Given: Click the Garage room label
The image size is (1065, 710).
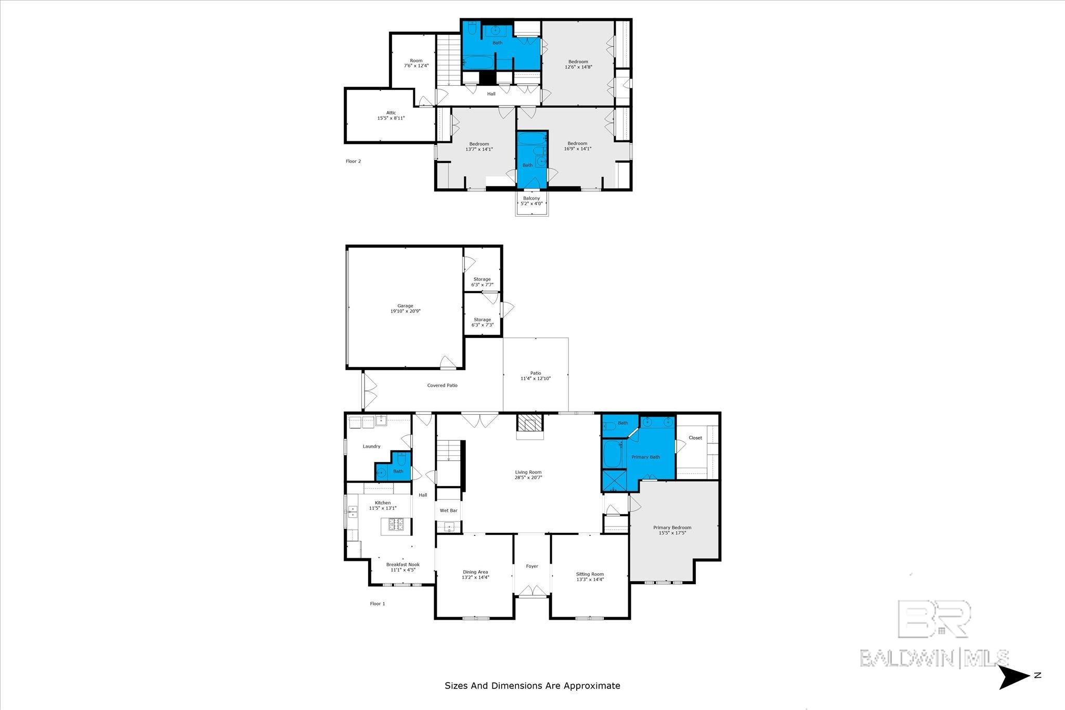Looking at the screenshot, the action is click(405, 306).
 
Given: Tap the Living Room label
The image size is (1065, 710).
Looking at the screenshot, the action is click(528, 472).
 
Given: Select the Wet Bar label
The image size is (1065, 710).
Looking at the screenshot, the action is click(448, 511).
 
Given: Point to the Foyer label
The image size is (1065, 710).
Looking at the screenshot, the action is click(531, 566).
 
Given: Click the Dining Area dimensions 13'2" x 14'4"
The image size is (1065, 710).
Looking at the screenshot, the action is click(475, 577).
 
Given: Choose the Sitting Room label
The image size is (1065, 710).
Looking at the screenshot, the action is click(590, 574).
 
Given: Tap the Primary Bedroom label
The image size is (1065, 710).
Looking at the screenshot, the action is click(672, 528).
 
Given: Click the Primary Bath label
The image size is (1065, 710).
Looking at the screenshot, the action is click(645, 457).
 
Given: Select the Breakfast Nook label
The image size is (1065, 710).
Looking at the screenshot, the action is click(402, 564).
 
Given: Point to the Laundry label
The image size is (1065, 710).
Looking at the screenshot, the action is click(371, 446).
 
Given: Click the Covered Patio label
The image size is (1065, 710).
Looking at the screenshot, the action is click(443, 385).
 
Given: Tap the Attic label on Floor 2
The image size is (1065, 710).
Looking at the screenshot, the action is click(391, 113).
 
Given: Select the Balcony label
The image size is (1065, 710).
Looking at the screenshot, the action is click(531, 198).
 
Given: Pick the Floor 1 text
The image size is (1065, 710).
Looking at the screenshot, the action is click(378, 604).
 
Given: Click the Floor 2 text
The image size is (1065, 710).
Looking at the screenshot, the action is click(353, 161).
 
